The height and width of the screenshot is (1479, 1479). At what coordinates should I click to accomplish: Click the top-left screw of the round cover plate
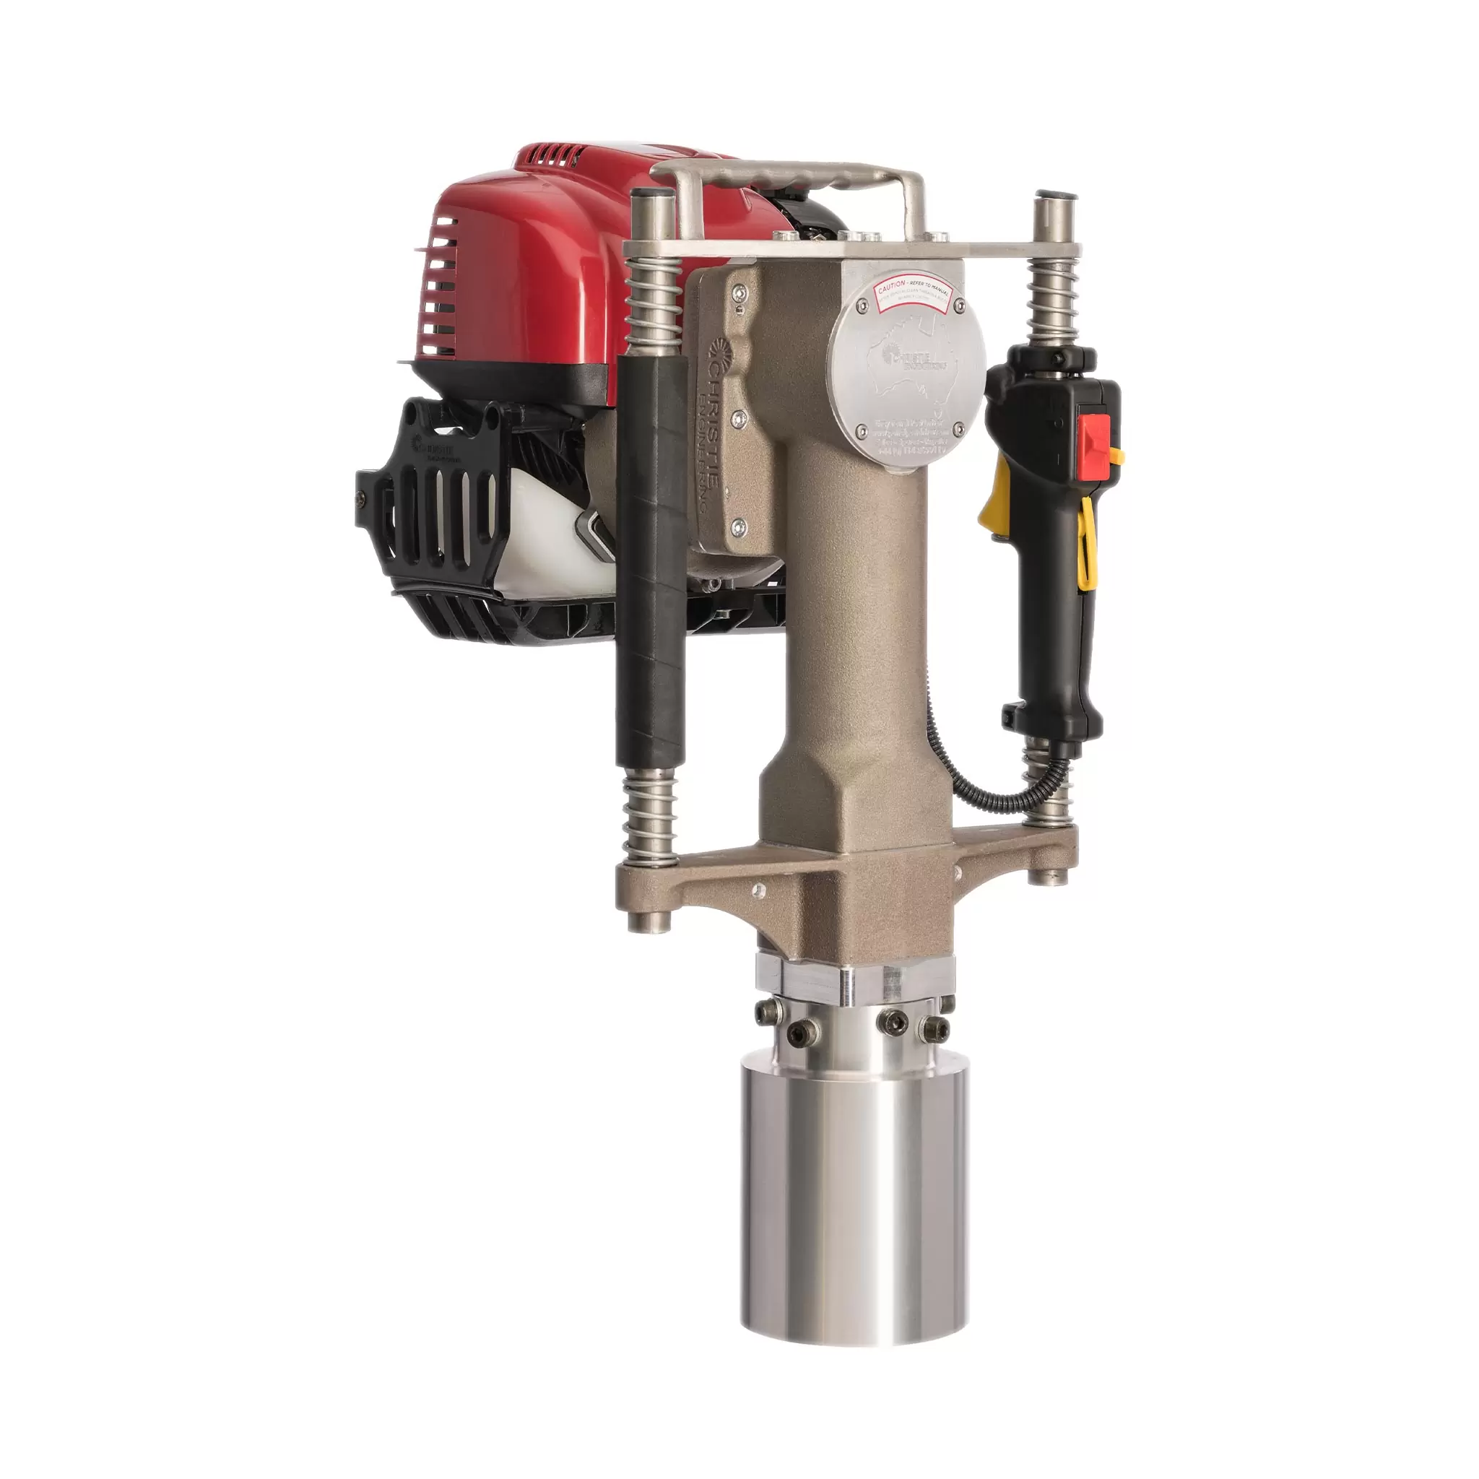[x=864, y=305]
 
